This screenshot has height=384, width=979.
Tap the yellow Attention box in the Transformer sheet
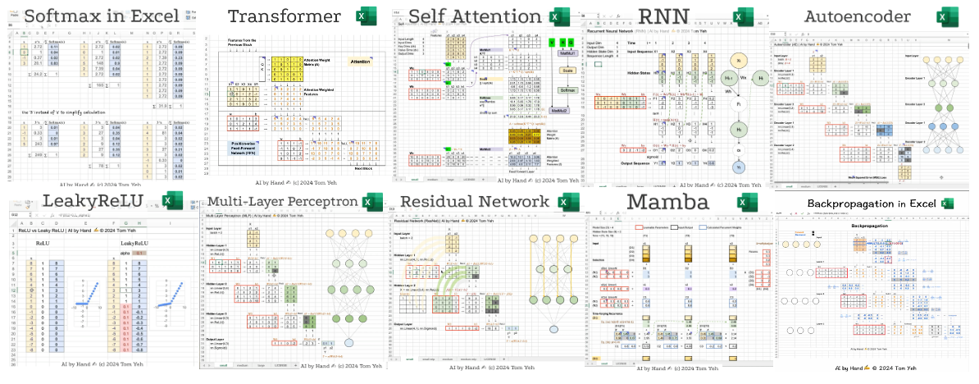360,62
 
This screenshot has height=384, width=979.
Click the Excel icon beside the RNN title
744,16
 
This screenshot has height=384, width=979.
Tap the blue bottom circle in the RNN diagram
737,167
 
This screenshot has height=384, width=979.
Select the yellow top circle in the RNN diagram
737,62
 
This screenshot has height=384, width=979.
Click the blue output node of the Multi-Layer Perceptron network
348,342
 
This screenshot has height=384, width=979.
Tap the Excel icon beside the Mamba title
744,202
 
